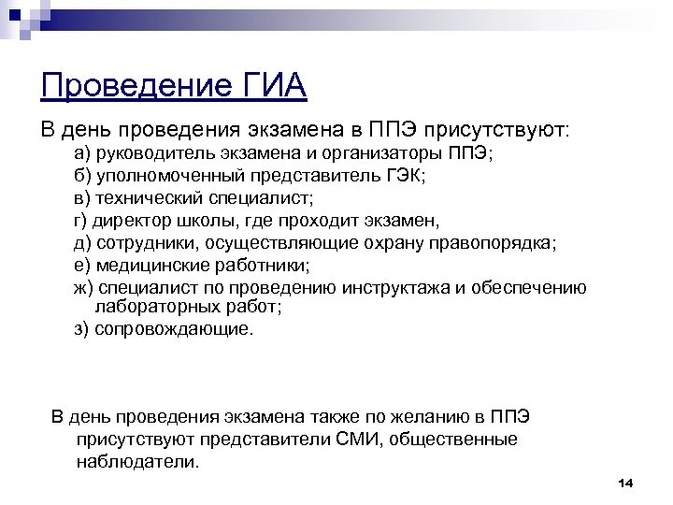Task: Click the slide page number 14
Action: tap(625, 483)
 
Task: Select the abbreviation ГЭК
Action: tap(401, 176)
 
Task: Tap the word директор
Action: tap(136, 221)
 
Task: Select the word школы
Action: tap(216, 221)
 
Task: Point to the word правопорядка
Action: tap(491, 243)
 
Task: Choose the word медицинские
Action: tap(153, 266)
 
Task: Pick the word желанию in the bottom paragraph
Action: tap(401, 416)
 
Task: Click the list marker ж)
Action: tap(84, 287)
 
